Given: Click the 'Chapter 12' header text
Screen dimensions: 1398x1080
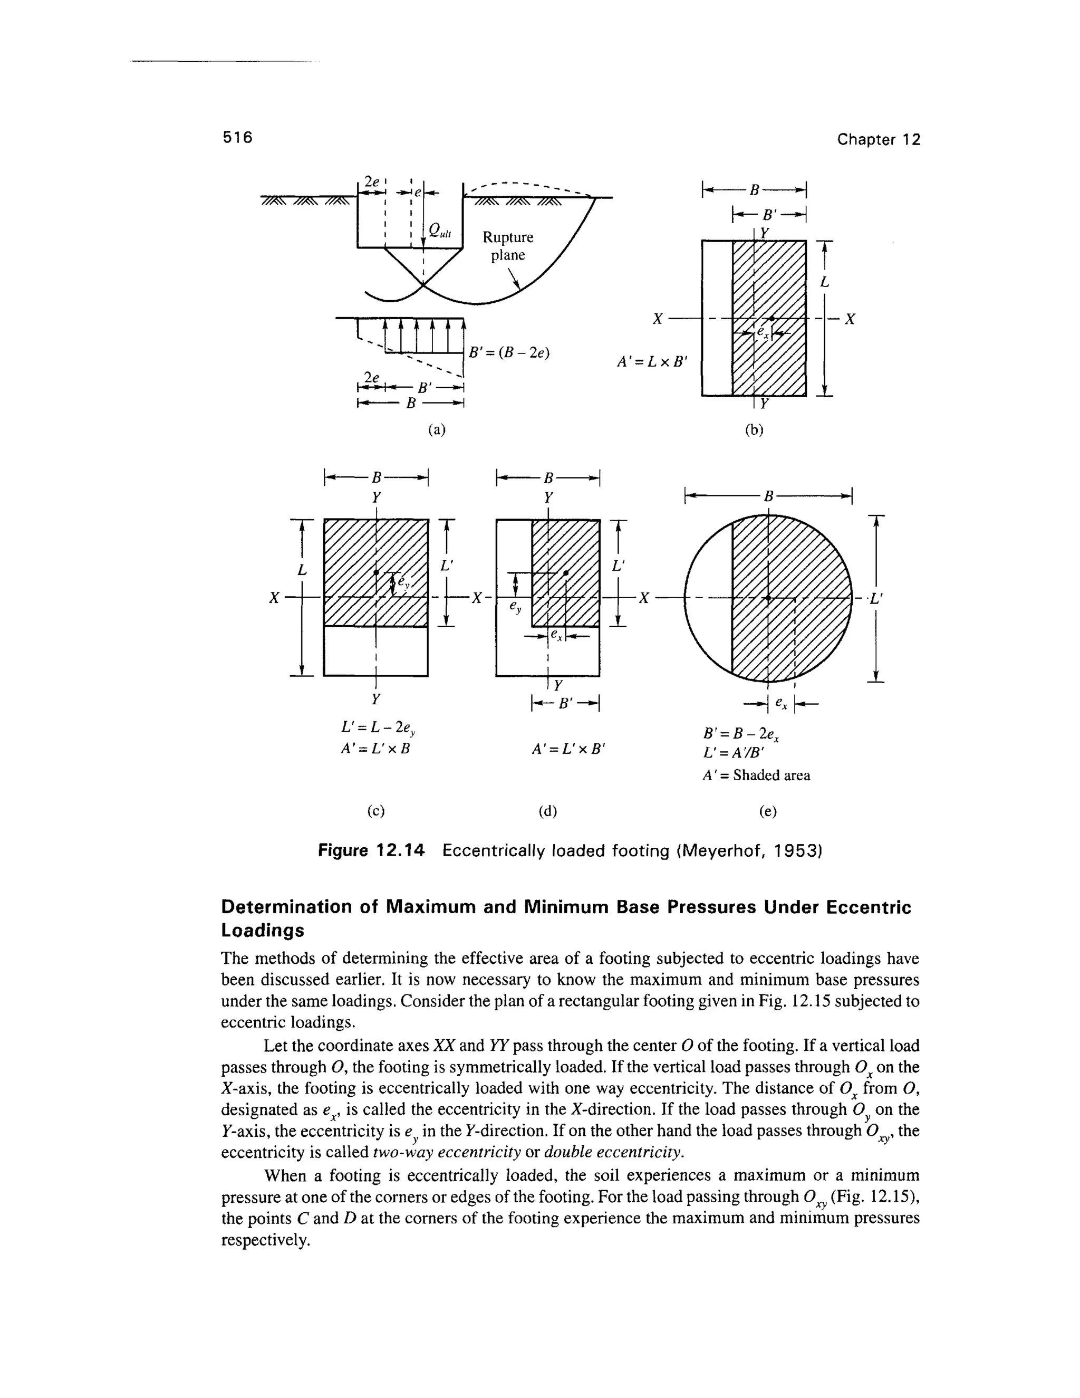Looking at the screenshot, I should [879, 140].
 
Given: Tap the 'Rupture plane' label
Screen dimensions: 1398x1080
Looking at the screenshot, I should [507, 246].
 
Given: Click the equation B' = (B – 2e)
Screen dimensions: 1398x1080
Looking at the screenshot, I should [509, 353].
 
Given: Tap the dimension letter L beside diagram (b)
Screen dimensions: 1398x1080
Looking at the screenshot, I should [825, 282].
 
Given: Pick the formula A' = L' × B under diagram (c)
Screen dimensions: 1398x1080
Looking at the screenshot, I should [375, 748].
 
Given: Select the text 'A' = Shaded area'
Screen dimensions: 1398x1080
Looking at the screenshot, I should [756, 775].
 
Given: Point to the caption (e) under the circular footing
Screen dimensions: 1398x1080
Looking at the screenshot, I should [768, 812].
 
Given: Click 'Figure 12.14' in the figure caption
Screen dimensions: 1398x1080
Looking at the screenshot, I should [371, 851].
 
